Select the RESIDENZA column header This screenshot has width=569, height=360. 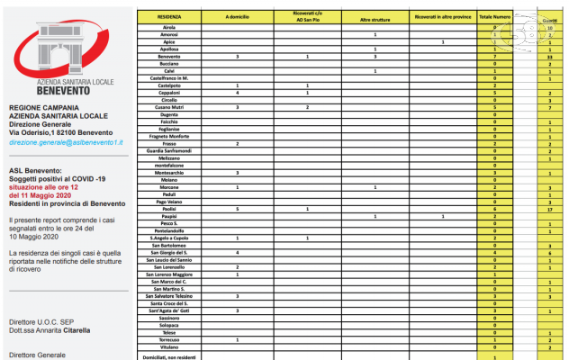[169, 17]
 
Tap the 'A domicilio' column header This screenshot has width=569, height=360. [237, 17]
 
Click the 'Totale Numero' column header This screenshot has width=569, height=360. [495, 17]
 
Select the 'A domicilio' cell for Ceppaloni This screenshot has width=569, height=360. [237, 92]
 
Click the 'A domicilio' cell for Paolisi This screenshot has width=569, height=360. [237, 209]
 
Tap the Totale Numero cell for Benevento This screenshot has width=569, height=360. [495, 56]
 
